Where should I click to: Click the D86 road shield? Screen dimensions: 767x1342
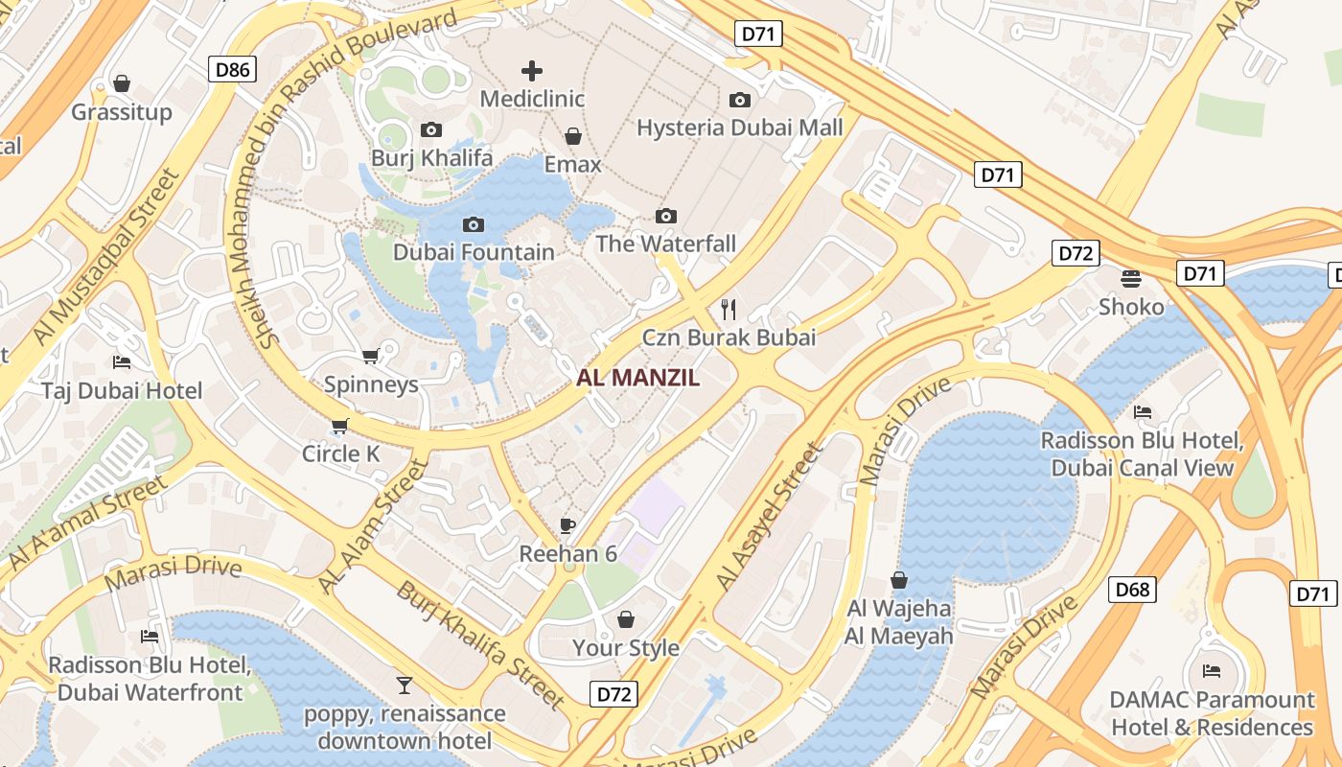[232, 68]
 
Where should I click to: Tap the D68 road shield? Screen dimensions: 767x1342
[1132, 589]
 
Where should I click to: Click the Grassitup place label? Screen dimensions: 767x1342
[122, 112]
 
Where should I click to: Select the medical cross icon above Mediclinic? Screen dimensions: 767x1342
[532, 70]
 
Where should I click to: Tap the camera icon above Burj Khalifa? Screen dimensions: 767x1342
[431, 129]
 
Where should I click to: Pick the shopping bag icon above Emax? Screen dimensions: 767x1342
[573, 136]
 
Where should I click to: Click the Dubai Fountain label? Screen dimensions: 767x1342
[474, 252]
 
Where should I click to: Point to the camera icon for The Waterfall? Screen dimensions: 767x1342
[666, 216]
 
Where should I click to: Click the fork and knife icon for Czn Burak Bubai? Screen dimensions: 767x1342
[729, 309]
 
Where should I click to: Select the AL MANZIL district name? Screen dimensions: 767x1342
[637, 378]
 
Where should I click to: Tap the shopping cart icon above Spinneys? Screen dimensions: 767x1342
[371, 356]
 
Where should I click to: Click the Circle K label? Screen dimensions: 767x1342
[341, 453]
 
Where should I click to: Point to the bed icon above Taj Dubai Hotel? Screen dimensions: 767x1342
[122, 361]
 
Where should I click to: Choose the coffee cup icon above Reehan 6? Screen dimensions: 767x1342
[567, 525]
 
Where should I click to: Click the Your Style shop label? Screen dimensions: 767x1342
[626, 648]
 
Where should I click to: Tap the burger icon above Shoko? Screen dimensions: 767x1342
[1131, 278]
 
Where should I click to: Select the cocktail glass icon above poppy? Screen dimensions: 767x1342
[405, 685]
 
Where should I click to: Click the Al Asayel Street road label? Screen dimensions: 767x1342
[770, 517]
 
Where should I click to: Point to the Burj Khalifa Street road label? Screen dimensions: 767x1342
[480, 645]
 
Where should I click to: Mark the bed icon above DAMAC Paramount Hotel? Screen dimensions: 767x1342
[1212, 670]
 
